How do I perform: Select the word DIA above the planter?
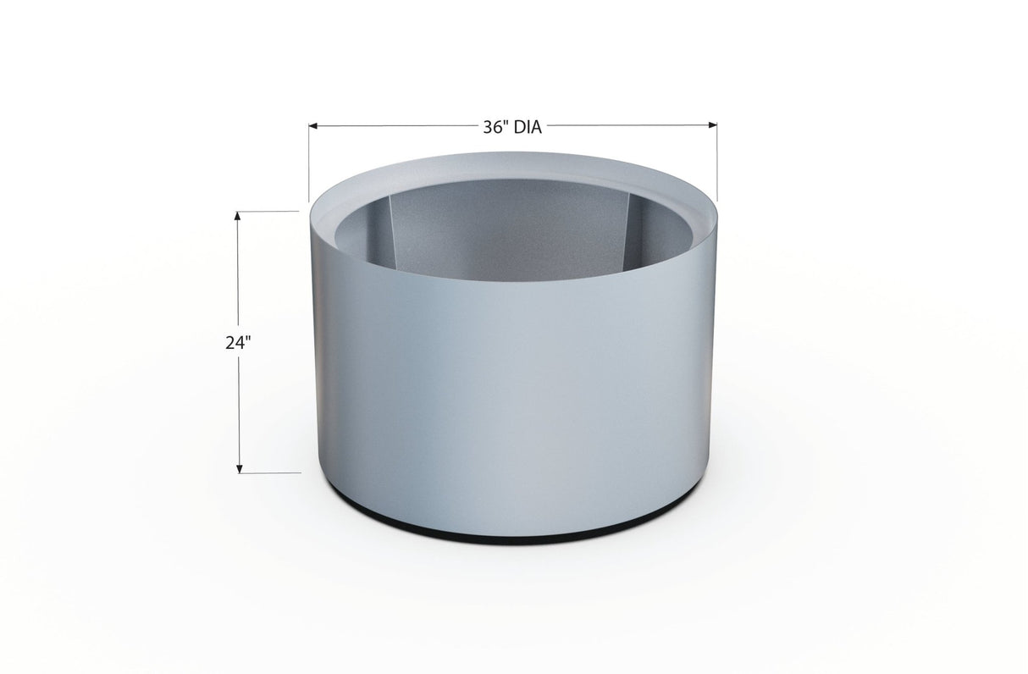point(525,128)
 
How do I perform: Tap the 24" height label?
point(239,343)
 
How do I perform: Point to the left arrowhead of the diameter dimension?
point(313,126)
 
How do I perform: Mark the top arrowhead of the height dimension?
point(240,216)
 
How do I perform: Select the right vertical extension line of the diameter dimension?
point(717,165)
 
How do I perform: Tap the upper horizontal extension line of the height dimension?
point(267,211)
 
